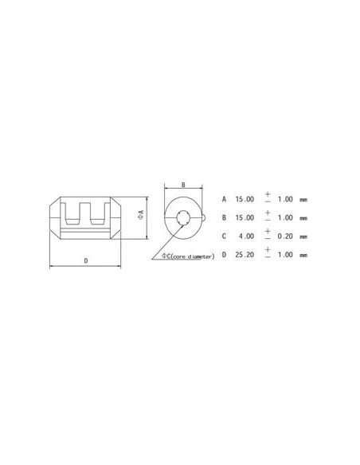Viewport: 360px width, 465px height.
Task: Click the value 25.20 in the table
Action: (x=245, y=256)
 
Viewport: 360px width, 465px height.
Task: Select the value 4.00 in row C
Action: (x=247, y=236)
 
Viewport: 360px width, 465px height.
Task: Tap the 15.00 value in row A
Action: (x=245, y=199)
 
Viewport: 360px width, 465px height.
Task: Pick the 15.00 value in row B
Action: (x=245, y=217)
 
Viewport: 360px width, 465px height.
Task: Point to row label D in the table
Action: (x=225, y=256)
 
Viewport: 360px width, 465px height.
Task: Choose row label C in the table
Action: (x=225, y=236)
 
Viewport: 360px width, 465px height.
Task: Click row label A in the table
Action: (x=225, y=199)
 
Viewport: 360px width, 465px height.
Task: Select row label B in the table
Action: (x=225, y=217)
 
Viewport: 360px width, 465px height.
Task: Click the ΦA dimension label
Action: (x=140, y=214)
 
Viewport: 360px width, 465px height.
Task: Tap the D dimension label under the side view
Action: (x=85, y=260)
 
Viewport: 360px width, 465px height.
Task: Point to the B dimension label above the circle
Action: (x=182, y=185)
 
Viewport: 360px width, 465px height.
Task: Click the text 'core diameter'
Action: (x=192, y=256)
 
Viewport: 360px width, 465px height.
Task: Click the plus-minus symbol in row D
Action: (x=268, y=255)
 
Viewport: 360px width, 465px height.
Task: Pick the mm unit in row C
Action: (x=303, y=236)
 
